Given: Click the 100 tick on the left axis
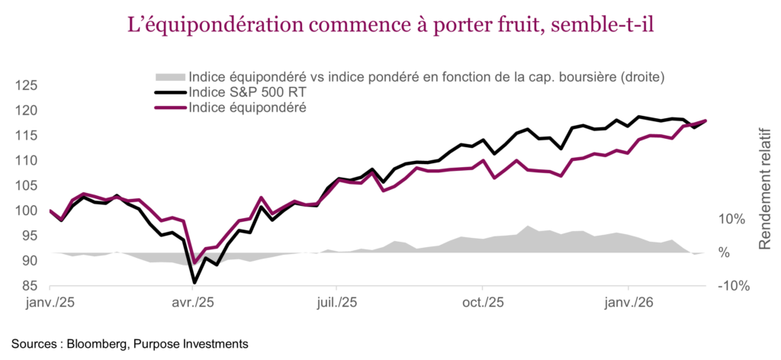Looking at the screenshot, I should (x=26, y=211).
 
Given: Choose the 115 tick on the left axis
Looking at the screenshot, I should (x=26, y=136).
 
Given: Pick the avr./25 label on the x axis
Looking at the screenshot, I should (x=194, y=304).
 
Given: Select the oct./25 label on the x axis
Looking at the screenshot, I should (x=484, y=304).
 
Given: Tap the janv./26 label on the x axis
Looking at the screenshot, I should (x=628, y=304).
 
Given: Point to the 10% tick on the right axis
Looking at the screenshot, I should (x=731, y=219).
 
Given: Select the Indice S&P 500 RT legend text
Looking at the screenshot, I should (x=243, y=92).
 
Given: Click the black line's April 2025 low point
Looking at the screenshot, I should (x=194, y=282).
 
